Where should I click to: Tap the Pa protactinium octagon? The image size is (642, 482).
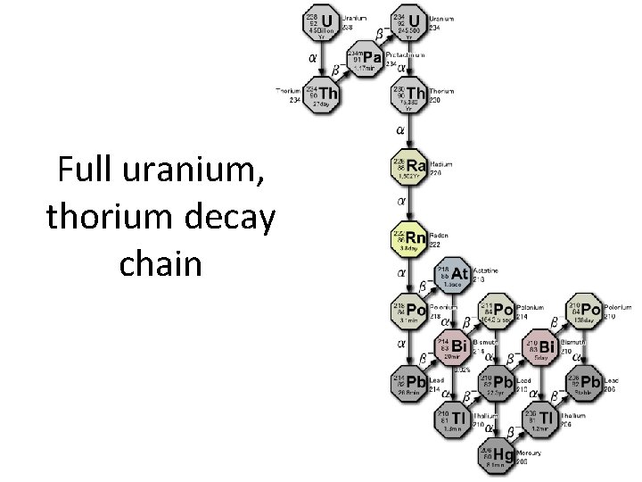click(365, 59)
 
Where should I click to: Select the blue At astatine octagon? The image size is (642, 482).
click(454, 274)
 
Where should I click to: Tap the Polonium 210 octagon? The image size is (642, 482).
click(588, 310)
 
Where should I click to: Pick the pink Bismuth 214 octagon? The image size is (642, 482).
click(454, 346)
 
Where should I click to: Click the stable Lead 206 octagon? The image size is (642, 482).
click(588, 383)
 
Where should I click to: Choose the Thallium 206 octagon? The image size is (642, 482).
click(544, 420)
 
